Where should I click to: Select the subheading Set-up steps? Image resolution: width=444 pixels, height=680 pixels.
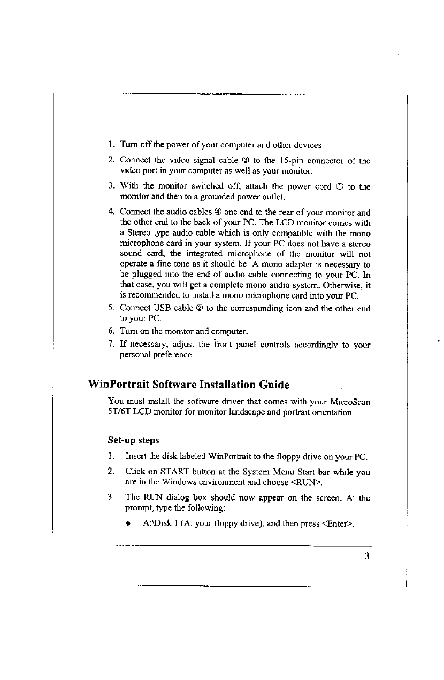tap(133, 441)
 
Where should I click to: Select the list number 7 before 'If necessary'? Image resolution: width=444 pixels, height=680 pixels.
tap(111, 345)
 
